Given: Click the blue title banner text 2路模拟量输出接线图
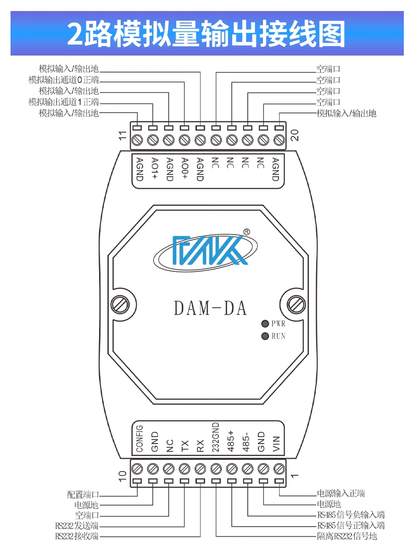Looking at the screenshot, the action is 206,34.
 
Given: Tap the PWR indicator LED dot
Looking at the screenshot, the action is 265,324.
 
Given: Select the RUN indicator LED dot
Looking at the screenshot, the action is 265,336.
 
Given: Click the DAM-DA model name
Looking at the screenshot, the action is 210,308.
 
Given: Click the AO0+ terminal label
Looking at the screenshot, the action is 184,168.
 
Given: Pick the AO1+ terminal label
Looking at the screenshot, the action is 155,168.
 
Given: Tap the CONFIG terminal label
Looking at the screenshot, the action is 140,439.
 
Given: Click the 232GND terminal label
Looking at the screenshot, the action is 215,437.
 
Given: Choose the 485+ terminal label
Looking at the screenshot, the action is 231,441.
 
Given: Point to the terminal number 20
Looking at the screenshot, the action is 295,135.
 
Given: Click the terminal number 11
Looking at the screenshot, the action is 122,135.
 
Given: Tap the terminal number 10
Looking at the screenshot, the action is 122,476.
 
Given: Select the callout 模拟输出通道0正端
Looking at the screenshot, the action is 64,80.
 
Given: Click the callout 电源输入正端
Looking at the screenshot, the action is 341,493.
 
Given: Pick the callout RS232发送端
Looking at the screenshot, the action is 77,525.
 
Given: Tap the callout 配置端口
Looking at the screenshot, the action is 83,494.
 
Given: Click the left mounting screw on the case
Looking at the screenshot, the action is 120,305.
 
